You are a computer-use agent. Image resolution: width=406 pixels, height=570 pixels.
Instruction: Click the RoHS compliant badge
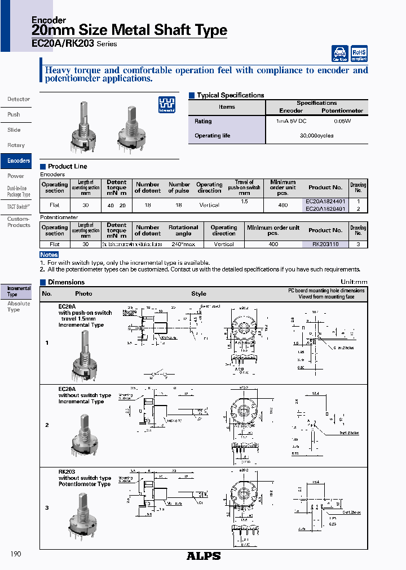coord(359,53)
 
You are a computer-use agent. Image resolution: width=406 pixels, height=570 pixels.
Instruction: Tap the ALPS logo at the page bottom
coord(204,555)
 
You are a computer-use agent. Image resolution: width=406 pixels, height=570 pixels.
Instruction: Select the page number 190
coord(16,554)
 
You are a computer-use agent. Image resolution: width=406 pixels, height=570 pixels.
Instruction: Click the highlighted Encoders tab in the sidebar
coord(19,161)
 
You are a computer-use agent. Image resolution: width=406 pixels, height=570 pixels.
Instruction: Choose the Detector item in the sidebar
coord(19,99)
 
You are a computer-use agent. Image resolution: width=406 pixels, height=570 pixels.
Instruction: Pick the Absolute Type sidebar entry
coord(18,306)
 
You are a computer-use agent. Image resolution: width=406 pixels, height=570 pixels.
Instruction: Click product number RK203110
coord(325,244)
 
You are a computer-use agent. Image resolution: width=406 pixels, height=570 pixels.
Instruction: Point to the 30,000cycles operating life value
coord(316,136)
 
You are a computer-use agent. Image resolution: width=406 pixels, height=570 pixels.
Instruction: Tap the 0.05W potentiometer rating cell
coord(342,121)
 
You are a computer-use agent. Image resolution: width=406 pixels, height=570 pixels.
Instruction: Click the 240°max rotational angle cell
coord(183,244)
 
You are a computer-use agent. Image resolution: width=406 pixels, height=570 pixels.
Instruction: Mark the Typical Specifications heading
coord(230,95)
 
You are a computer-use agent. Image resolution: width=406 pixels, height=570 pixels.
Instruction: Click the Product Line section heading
coord(67,166)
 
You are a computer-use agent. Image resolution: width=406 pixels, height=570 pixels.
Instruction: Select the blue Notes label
coord(49,255)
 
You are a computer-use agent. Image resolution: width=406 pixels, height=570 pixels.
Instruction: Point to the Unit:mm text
coord(354,282)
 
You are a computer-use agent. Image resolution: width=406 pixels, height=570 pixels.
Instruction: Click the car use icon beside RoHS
coord(339,53)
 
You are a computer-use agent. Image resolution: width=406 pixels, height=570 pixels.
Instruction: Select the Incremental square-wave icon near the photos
coord(167,104)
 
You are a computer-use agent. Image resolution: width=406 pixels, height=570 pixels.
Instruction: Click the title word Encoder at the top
coord(48,20)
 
